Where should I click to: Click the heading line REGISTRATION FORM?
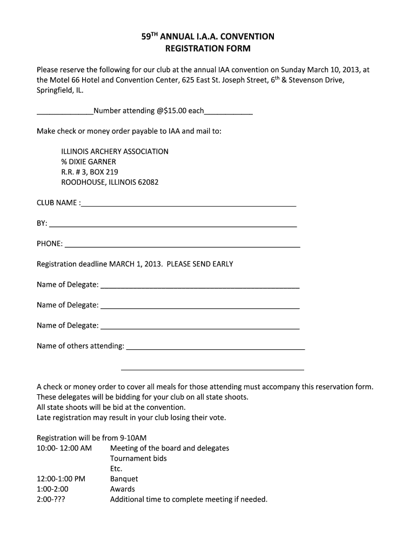208,49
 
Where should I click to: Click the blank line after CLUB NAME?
189,206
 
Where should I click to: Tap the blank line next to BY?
173,226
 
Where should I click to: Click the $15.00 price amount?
175,111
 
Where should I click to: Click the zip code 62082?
148,182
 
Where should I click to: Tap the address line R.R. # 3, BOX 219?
90,172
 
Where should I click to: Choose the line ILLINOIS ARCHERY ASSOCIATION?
115,151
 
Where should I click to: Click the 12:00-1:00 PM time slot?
61,478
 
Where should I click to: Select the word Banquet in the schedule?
124,478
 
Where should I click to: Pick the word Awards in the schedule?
123,489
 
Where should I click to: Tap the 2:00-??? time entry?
51,499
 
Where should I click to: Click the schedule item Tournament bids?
138,458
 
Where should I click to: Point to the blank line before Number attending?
65,113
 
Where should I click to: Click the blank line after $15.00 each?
229,113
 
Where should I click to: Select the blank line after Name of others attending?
215,348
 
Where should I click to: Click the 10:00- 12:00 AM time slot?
64,448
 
